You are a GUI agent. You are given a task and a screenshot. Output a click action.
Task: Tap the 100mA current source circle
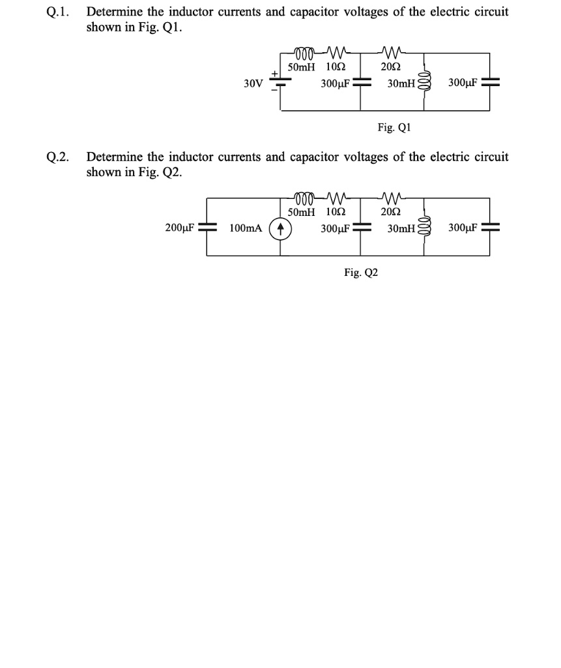pos(280,228)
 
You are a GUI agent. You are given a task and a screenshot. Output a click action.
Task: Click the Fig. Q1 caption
pos(394,127)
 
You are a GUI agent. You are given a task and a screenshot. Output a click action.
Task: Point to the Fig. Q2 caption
pos(361,273)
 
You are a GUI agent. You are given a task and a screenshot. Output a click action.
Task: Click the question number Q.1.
pos(58,12)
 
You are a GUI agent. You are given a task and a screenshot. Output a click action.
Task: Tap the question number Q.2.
pos(58,157)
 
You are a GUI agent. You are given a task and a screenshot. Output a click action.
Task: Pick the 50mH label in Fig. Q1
pos(302,67)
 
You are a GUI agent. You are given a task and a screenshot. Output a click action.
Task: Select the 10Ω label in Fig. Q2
pos(335,213)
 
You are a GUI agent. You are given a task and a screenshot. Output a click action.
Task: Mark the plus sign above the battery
pos(276,73)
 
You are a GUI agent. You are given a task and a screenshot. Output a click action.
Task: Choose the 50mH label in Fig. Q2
pos(302,213)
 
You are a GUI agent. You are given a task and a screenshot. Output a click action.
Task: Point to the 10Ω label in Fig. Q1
pos(335,67)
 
